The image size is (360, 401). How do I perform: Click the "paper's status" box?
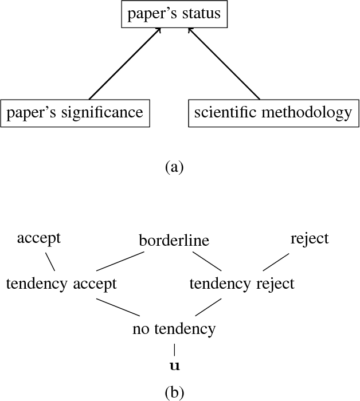(174, 14)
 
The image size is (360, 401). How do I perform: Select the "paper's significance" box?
(75, 113)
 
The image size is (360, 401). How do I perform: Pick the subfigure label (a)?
(174, 167)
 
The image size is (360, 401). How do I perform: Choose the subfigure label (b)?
(174, 392)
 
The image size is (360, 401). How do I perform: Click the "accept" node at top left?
(38, 238)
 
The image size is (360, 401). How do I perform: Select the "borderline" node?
(174, 241)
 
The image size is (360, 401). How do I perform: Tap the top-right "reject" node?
(310, 238)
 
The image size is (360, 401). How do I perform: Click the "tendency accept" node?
(61, 284)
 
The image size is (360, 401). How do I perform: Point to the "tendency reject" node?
(242, 284)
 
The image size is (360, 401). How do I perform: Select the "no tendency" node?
(174, 329)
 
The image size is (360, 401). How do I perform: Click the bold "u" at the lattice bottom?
(174, 365)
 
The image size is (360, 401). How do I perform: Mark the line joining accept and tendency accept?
(50, 262)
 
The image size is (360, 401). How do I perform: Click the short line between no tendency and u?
(174, 349)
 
